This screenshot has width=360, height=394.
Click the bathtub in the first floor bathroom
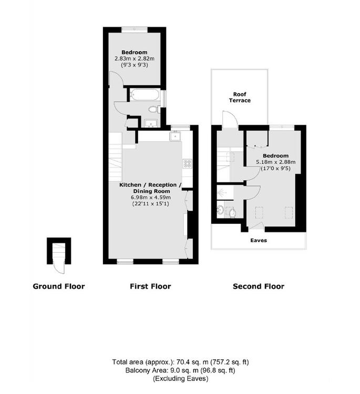pyautogui.click(x=145, y=95)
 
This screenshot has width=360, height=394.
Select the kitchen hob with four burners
pyautogui.click(x=187, y=163)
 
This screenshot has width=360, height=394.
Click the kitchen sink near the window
pyautogui.click(x=175, y=136)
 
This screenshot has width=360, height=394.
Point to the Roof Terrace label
pyautogui.click(x=240, y=97)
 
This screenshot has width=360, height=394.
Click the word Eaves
pyautogui.click(x=259, y=241)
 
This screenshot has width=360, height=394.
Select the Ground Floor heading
pyautogui.click(x=59, y=286)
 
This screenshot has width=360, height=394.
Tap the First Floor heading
pyautogui.click(x=150, y=286)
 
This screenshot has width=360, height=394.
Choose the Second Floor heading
pyautogui.click(x=259, y=286)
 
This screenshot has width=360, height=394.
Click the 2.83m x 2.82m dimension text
pyautogui.click(x=135, y=58)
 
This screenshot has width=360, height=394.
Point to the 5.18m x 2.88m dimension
pyautogui.click(x=276, y=162)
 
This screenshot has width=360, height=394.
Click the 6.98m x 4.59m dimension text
pyautogui.click(x=150, y=197)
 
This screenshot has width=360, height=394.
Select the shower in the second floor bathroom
pyautogui.click(x=225, y=193)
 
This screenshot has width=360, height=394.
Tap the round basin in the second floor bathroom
pyautogui.click(x=221, y=210)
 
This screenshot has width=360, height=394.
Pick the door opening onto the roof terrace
pyautogui.click(x=230, y=119)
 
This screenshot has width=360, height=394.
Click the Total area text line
pyautogui.click(x=180, y=362)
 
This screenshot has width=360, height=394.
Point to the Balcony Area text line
pyautogui.click(x=180, y=370)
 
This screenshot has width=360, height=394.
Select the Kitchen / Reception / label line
pyautogui.click(x=150, y=185)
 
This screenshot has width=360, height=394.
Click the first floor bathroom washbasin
pyautogui.click(x=151, y=123)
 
